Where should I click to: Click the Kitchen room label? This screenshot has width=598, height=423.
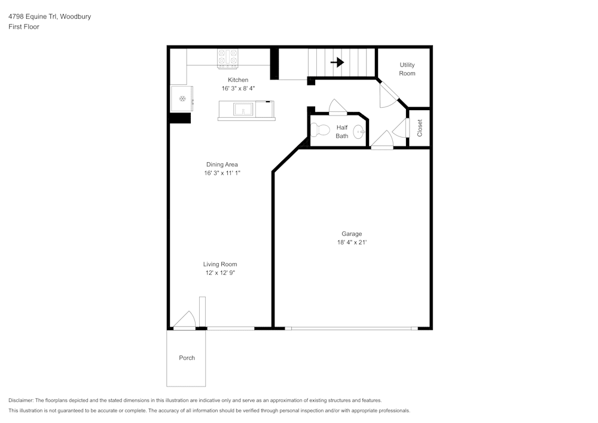(237, 80)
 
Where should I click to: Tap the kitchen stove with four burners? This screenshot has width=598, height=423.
(227, 57)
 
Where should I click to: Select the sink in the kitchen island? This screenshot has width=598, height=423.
(243, 109)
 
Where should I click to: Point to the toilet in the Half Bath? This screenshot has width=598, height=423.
(321, 130)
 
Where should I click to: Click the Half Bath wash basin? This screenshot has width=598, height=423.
(359, 132)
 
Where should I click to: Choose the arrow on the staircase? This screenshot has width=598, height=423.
(337, 62)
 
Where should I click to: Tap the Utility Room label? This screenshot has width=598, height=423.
(407, 69)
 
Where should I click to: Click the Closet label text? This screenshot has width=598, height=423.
(420, 128)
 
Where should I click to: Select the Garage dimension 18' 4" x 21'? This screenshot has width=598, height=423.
(352, 242)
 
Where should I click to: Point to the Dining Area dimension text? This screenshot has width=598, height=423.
(222, 173)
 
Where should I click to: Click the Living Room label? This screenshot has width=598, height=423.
(220, 264)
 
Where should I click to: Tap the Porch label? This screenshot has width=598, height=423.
(187, 358)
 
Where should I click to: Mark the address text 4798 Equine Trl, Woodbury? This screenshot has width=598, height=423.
(50, 17)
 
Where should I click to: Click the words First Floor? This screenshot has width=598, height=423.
(24, 27)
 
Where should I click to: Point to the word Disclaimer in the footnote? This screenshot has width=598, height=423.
(22, 400)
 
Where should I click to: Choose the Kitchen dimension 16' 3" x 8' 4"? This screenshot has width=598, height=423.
(237, 89)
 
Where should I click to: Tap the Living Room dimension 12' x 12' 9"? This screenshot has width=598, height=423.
(220, 273)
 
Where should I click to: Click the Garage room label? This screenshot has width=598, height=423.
(352, 234)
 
